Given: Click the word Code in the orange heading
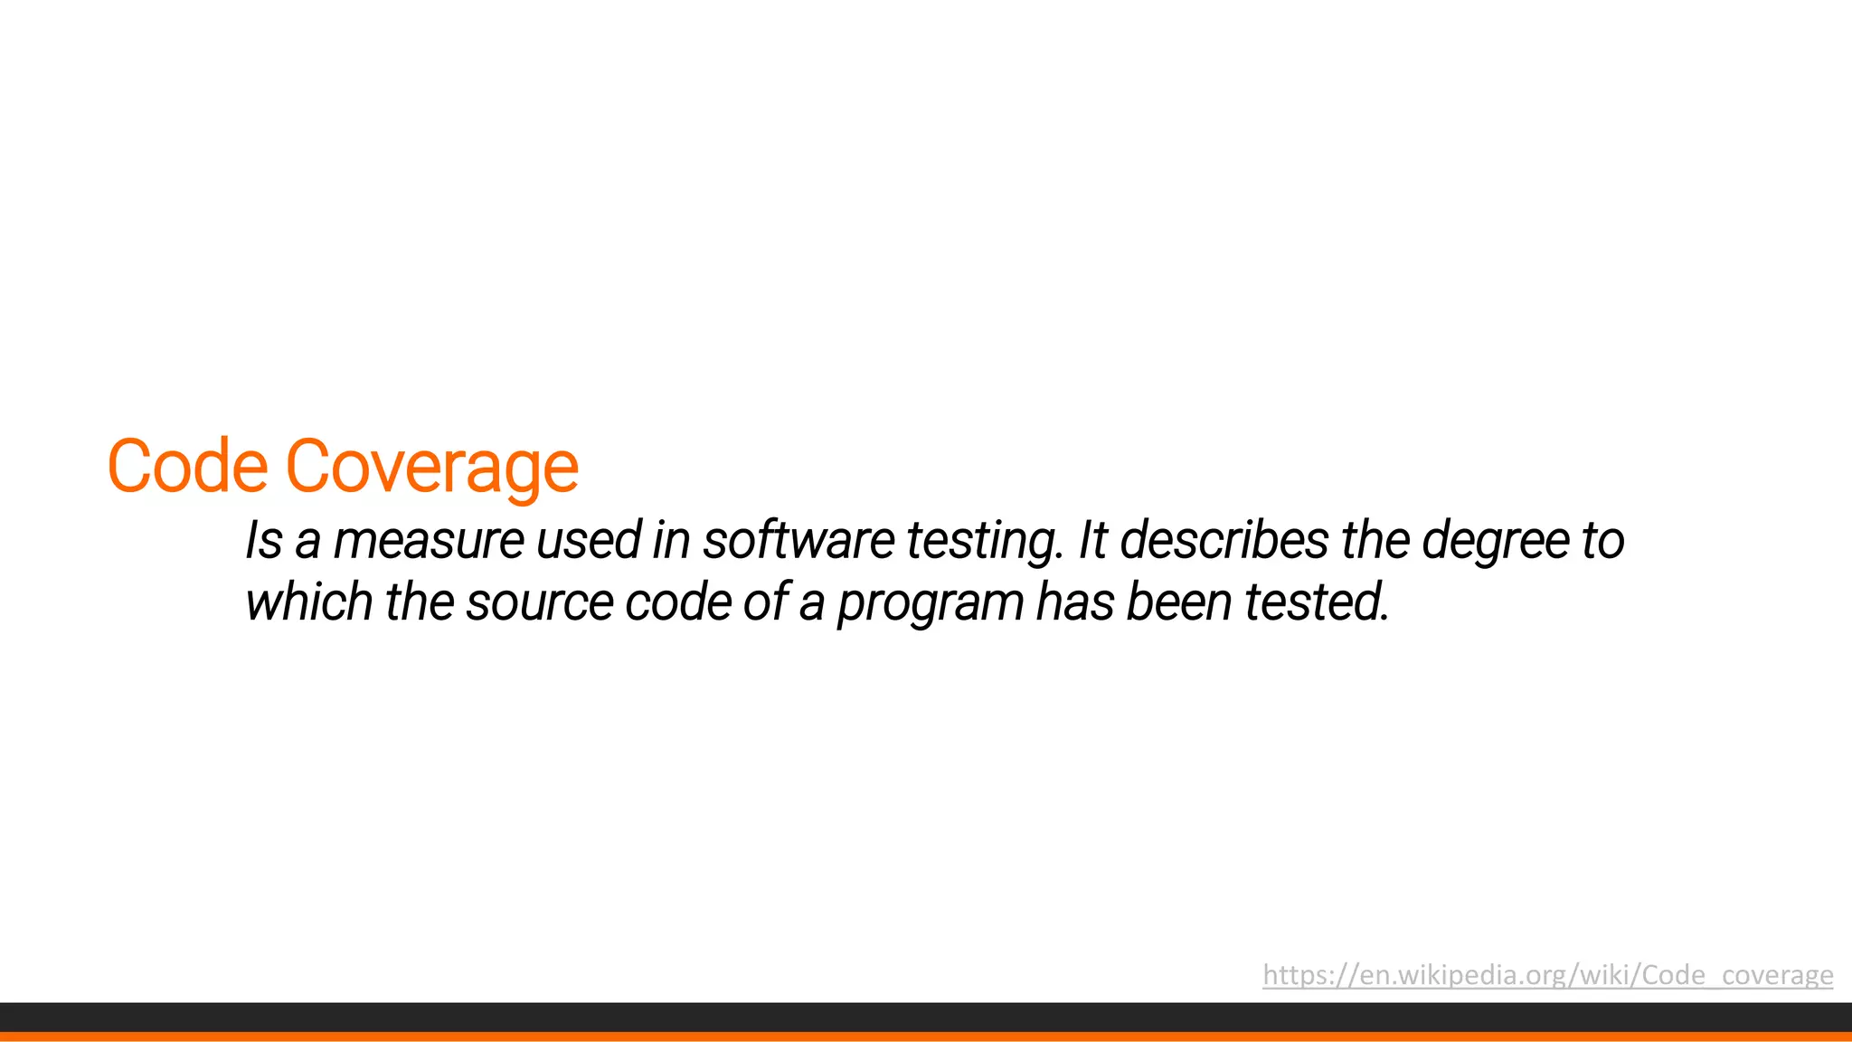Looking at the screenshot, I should point(187,467).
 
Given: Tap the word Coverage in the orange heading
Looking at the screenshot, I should point(432,467).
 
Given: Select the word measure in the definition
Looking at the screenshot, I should point(429,541).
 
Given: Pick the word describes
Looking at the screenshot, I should point(1224,541).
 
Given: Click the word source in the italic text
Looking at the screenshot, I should point(540,602).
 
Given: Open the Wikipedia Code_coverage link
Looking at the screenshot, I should point(1547,975).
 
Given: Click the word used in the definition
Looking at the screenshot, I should point(588,541).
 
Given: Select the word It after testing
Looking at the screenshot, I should point(1092,541).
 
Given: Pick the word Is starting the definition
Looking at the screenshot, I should point(264,541).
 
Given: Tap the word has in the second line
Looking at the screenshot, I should point(1074,602).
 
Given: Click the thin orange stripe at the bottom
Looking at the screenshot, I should point(926,1037).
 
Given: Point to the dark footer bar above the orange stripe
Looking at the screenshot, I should point(926,1017).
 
